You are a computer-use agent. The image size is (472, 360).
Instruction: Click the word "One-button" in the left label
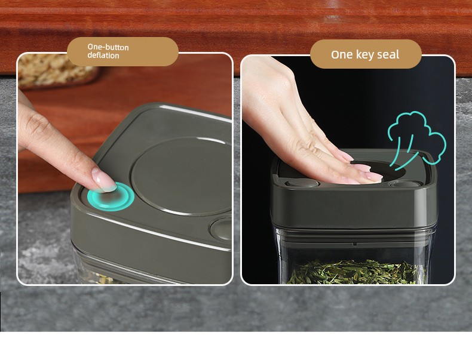pyautogui.click(x=108, y=47)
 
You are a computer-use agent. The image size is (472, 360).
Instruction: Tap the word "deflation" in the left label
pyautogui.click(x=103, y=56)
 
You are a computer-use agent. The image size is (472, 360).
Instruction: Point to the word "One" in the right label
pyautogui.click(x=342, y=55)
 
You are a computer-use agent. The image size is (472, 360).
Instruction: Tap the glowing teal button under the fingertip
pyautogui.click(x=111, y=196)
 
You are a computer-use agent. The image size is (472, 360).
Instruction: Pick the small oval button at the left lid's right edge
pyautogui.click(x=221, y=229)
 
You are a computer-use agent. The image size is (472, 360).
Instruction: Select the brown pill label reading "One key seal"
pyautogui.click(x=366, y=54)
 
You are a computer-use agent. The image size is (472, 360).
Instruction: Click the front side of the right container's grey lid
pyautogui.click(x=354, y=208)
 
